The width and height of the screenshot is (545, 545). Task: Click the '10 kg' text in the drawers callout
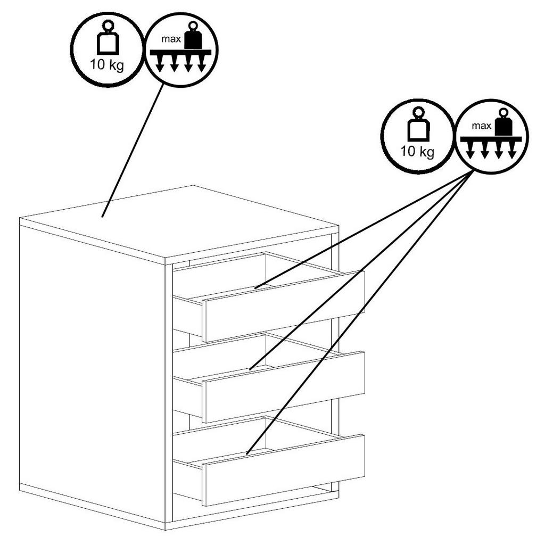(x=418, y=152)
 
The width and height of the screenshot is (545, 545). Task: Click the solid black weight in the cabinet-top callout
(x=193, y=37)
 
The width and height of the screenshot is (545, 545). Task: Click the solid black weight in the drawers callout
(x=503, y=124)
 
